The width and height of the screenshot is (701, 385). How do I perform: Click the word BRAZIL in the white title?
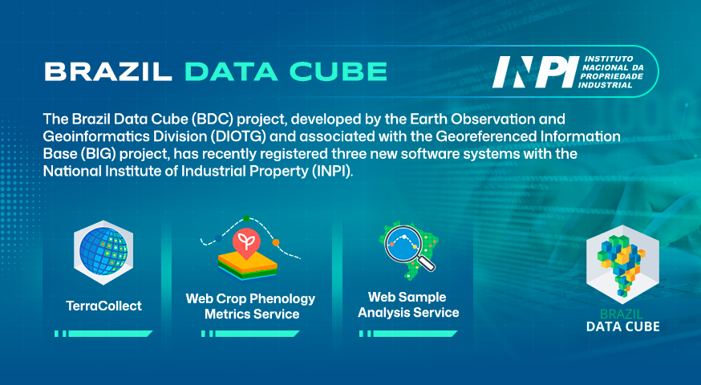(x=108, y=71)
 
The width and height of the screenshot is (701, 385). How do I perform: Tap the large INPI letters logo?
(x=535, y=72)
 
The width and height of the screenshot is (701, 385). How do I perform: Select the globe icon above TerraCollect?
(x=103, y=252)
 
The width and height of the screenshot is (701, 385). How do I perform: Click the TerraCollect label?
(x=103, y=306)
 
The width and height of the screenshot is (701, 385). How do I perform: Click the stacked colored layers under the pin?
(x=248, y=267)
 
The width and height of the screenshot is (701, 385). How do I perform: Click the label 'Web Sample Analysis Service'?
(x=408, y=305)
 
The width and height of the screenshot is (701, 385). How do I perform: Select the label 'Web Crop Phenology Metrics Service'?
(x=251, y=306)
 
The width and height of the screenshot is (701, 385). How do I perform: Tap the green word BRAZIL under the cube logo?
(x=621, y=314)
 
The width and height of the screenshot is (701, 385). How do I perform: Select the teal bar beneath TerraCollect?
(x=103, y=334)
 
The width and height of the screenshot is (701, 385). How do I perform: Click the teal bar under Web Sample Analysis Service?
(x=408, y=334)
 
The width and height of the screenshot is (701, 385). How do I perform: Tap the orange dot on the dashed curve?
(x=276, y=243)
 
